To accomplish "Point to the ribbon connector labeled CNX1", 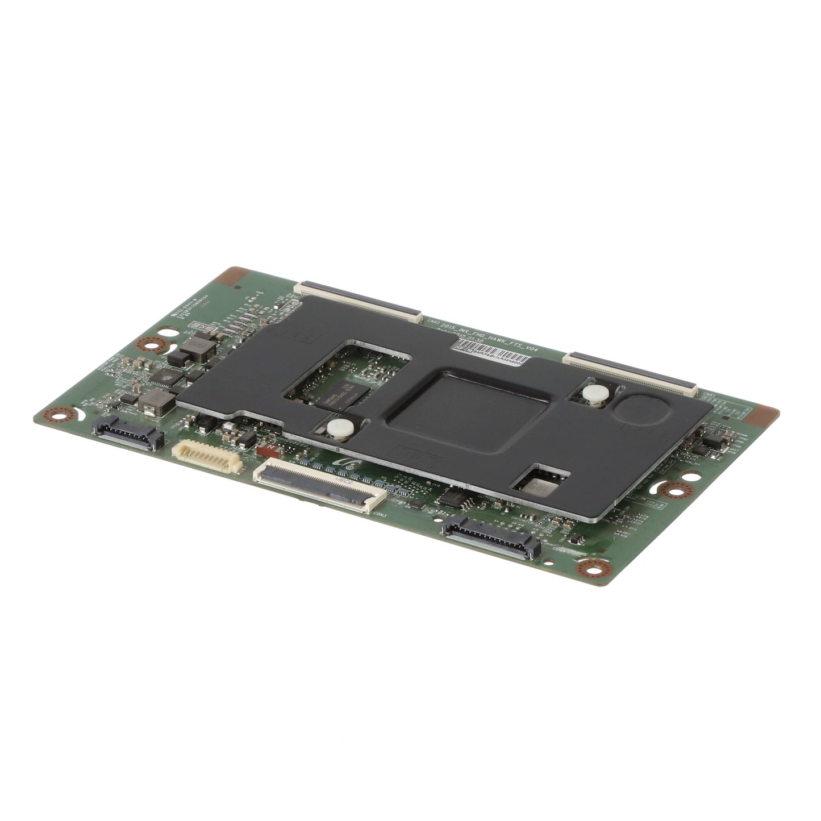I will click(x=631, y=373).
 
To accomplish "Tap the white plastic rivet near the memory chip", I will click(x=339, y=427).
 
